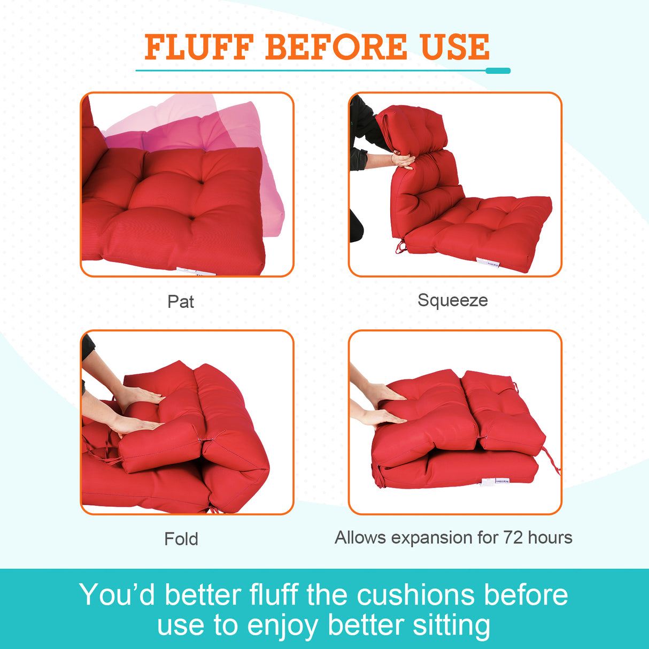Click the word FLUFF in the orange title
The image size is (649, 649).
[198, 47]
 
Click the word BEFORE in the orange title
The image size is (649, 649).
[336, 47]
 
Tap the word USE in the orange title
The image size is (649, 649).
[455, 47]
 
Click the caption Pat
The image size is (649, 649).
[181, 302]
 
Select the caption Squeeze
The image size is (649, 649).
[452, 300]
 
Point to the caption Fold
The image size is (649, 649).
[181, 539]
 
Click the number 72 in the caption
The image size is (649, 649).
[513, 537]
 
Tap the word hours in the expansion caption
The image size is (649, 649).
[550, 537]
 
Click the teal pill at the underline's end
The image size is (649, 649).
[498, 71]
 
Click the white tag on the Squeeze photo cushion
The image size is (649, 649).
[488, 262]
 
